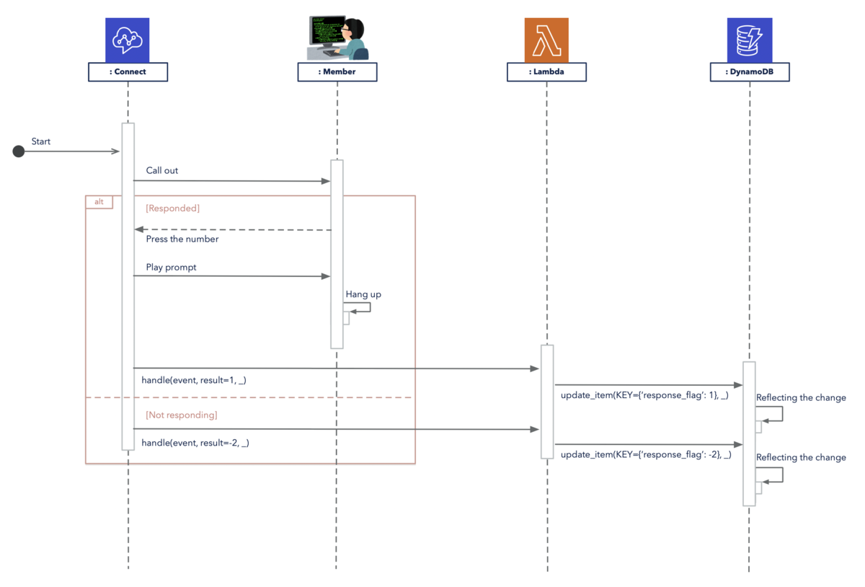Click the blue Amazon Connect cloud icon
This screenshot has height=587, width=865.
point(128,40)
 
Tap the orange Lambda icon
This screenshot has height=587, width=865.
point(546,40)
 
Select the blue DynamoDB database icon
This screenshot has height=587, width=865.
point(750,40)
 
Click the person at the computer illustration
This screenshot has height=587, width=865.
point(337,38)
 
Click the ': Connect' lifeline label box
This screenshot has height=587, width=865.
point(128,72)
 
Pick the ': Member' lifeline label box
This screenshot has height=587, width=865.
point(337,72)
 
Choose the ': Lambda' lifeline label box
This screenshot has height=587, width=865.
point(546,72)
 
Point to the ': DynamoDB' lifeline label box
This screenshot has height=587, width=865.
point(750,72)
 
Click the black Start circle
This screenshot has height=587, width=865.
point(19,151)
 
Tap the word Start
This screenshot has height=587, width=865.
point(41,141)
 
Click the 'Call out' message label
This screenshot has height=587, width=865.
point(161,170)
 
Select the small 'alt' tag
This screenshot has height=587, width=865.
point(99,202)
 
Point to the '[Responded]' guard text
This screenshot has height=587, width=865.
point(172,208)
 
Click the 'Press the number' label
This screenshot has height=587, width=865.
point(182,239)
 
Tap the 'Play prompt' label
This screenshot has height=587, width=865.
point(171,268)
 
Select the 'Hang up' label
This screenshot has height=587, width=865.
point(363,294)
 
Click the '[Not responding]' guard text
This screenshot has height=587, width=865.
point(182,415)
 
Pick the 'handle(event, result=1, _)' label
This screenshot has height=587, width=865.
point(194,380)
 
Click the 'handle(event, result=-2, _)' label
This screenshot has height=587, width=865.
point(195,443)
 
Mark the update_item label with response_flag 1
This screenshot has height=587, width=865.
point(644,395)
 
